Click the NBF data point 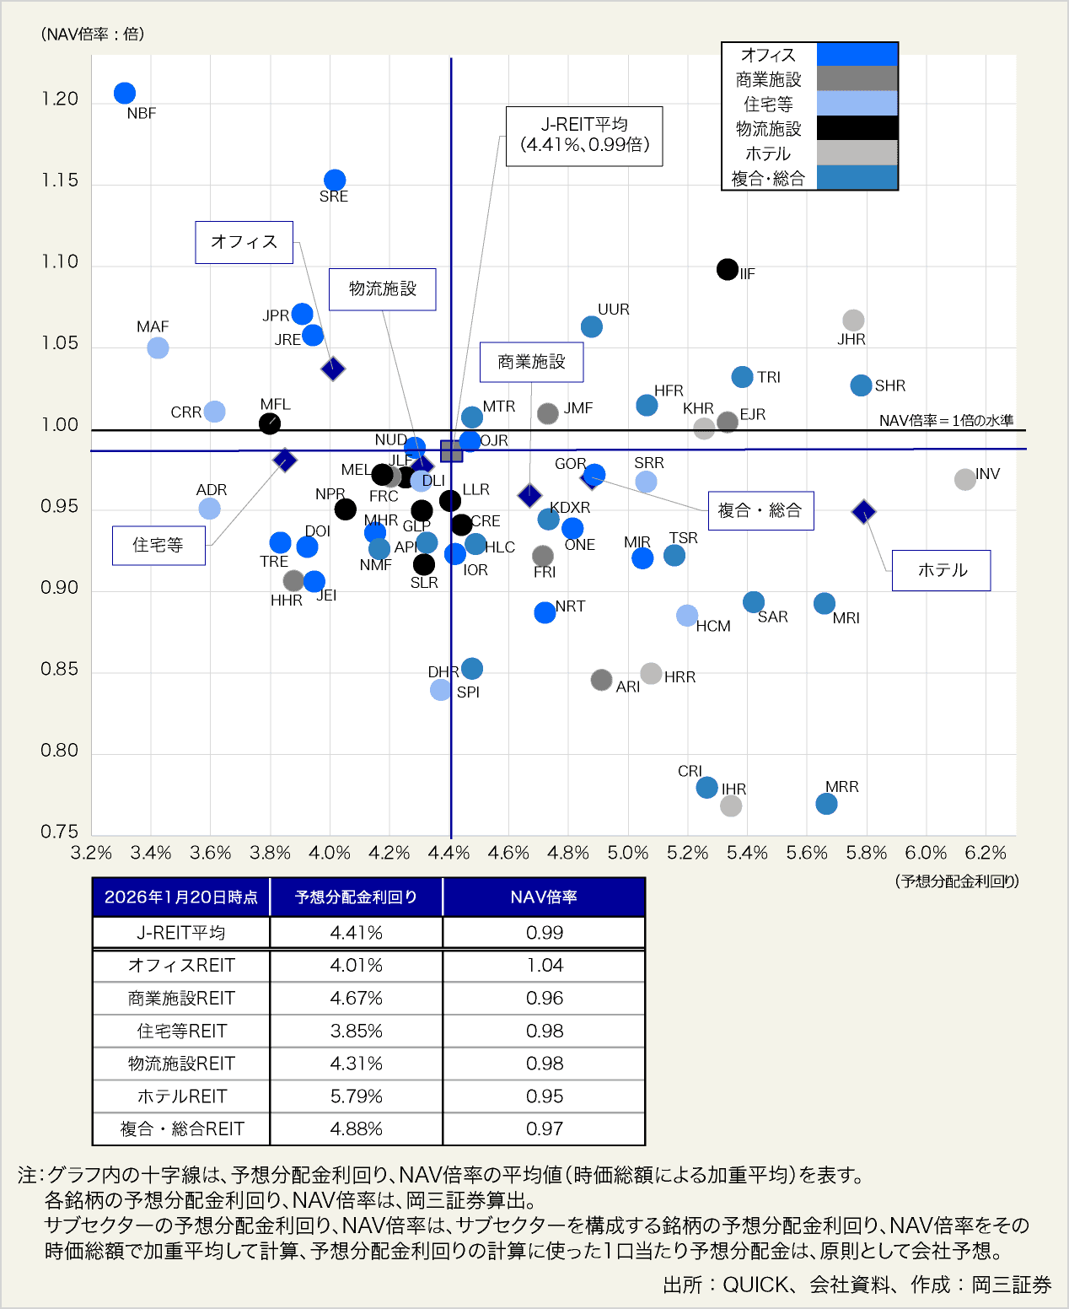point(125,94)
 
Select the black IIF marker point(728,269)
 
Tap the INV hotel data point point(965,479)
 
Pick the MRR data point point(826,804)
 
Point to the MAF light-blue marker point(158,347)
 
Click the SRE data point point(335,180)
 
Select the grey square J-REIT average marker point(451,451)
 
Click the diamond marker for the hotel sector point(863,511)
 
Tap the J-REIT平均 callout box point(584,135)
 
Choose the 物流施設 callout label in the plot point(383,289)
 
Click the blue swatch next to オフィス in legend point(857,54)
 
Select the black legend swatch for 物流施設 point(857,128)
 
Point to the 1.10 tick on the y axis point(60,262)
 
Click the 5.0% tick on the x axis point(628,853)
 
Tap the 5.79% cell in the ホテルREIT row point(356,1096)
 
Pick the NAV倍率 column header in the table point(544,897)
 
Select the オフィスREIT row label point(181,966)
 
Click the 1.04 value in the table point(544,966)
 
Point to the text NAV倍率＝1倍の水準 point(946,420)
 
